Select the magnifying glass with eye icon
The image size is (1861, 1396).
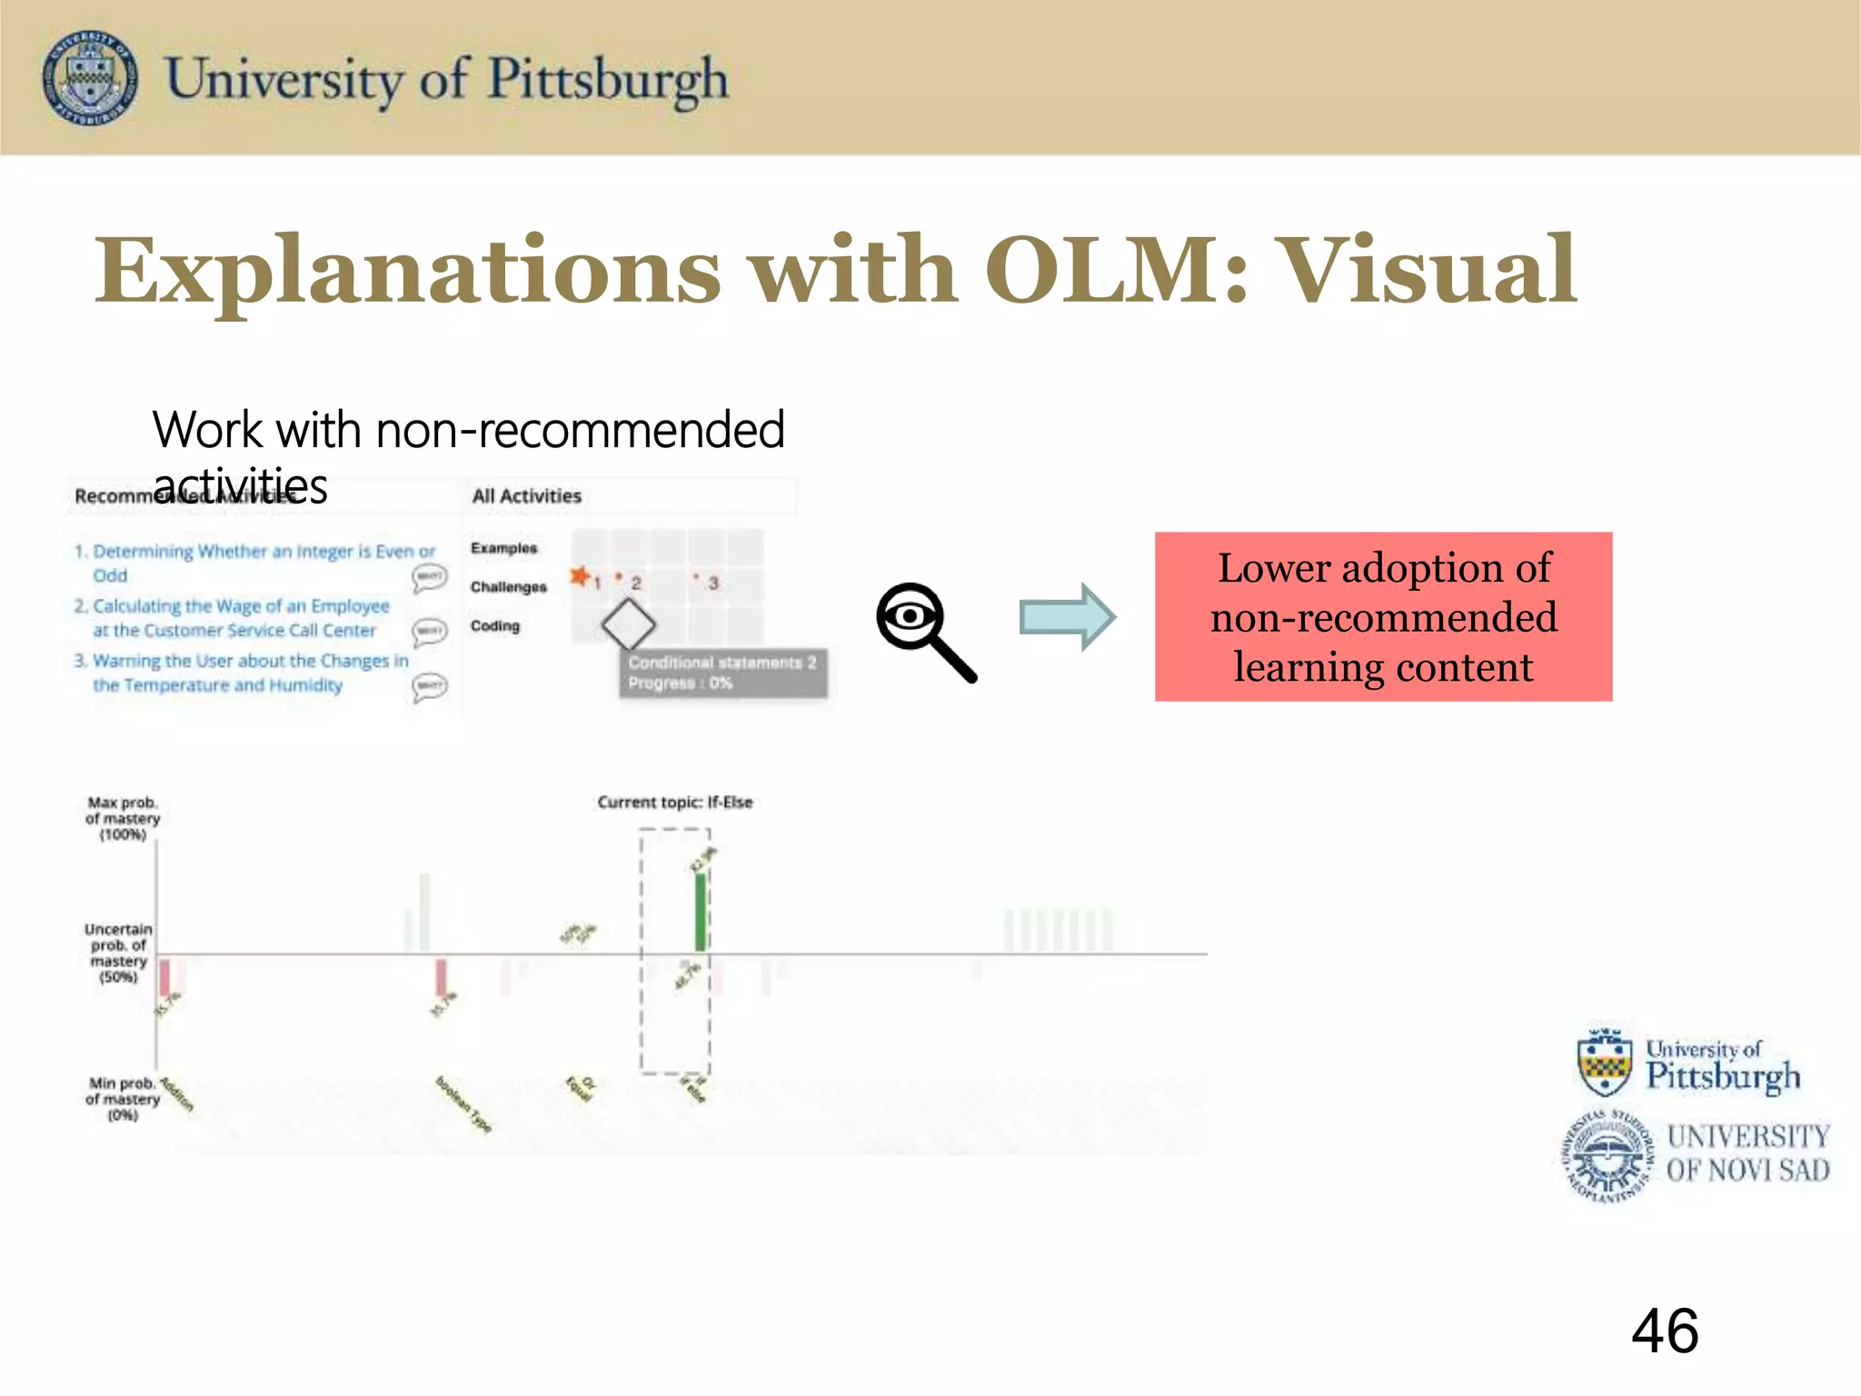point(924,631)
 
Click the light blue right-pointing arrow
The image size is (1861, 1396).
point(1067,617)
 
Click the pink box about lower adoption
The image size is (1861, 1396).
point(1382,616)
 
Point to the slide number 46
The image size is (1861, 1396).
point(1664,1331)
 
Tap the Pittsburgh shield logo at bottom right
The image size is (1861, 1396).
point(1605,1062)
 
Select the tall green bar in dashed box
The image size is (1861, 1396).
point(700,911)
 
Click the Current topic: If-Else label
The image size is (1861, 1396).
point(674,802)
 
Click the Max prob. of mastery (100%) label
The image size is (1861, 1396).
point(123,818)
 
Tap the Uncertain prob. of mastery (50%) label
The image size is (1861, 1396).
point(118,952)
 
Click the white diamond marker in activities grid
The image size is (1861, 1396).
point(628,624)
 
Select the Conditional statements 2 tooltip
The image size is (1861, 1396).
point(722,673)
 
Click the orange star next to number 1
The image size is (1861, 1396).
point(579,575)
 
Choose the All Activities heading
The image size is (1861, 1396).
point(526,496)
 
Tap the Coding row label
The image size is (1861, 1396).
point(495,626)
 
